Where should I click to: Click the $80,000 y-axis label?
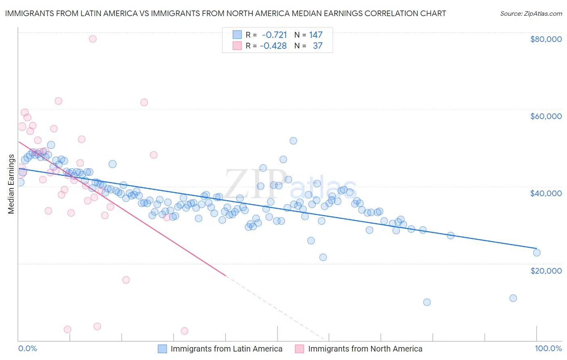[x=546, y=39]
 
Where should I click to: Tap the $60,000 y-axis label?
[x=546, y=116]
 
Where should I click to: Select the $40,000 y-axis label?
[x=546, y=193]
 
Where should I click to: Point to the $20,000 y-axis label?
[x=546, y=270]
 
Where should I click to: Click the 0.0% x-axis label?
[x=27, y=348]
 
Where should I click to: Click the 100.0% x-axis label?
[x=548, y=348]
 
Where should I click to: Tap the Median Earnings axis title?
[x=11, y=184]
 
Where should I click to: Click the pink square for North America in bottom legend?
[x=299, y=349]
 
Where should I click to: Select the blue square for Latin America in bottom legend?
[x=162, y=349]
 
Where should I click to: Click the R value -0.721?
[x=274, y=35]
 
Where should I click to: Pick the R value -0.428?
[x=273, y=46]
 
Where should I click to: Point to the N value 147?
[x=316, y=35]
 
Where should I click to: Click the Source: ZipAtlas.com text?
[x=531, y=13]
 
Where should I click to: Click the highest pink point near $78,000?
[x=93, y=39]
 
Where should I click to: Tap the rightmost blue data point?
[x=536, y=253]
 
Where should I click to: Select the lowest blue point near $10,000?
[x=427, y=302]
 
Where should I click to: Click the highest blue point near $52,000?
[x=293, y=141]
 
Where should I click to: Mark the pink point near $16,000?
[x=126, y=280]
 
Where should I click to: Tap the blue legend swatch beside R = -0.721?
[x=237, y=35]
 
